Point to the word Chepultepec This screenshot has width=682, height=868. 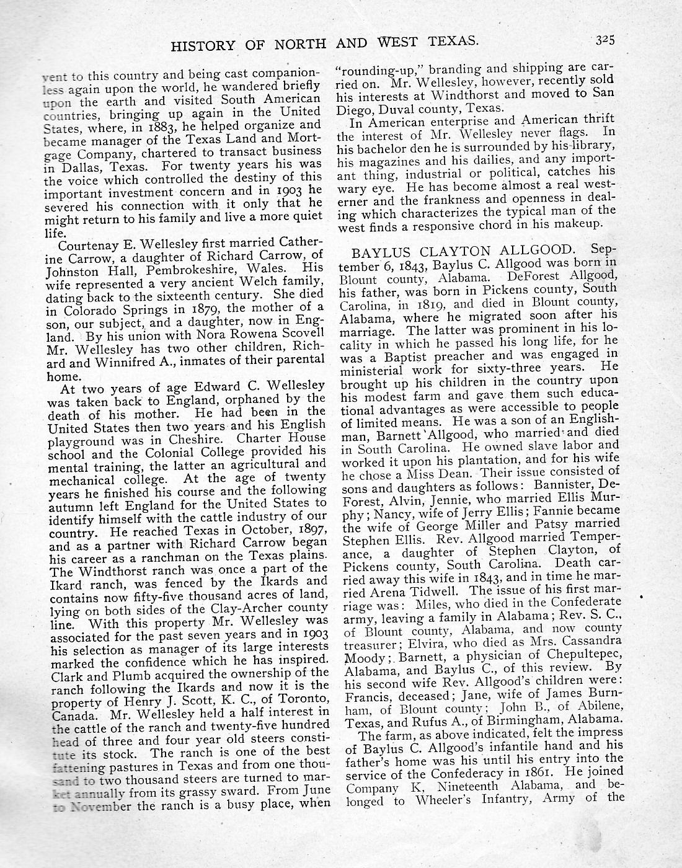pyautogui.click(x=580, y=654)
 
